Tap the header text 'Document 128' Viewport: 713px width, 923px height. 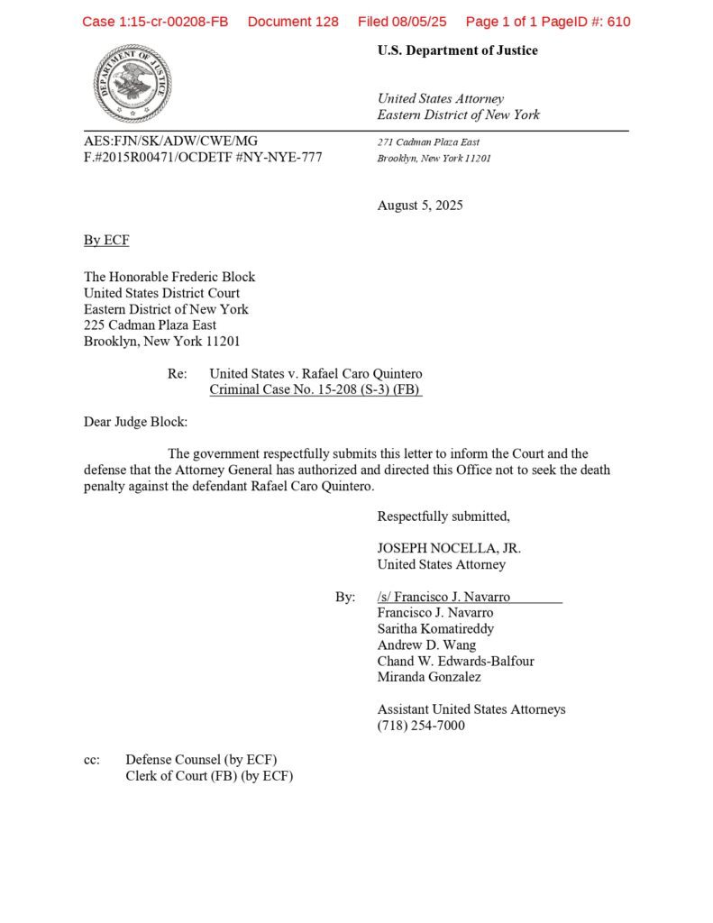(x=293, y=22)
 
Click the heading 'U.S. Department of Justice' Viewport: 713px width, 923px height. (x=457, y=50)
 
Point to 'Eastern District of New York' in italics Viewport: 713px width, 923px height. (x=458, y=115)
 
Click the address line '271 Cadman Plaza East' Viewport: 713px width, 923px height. (x=428, y=142)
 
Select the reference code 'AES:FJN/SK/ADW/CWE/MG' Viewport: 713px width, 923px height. (x=170, y=142)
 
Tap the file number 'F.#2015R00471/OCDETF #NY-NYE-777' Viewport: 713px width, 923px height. (x=203, y=158)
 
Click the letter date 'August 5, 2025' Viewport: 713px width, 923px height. (x=420, y=206)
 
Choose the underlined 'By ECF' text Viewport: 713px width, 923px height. (x=106, y=240)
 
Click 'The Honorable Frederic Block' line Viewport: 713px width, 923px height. (x=169, y=277)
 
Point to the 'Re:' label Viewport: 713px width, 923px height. (x=177, y=374)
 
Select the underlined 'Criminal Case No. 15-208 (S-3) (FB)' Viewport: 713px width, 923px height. (x=315, y=390)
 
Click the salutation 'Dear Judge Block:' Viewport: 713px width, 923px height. (x=135, y=422)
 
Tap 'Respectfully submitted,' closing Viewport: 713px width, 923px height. (x=443, y=516)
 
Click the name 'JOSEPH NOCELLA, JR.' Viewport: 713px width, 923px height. (x=449, y=548)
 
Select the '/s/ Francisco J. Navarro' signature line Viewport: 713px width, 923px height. (x=443, y=597)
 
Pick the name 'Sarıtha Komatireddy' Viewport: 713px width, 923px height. (x=435, y=629)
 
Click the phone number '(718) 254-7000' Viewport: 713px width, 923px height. (x=421, y=726)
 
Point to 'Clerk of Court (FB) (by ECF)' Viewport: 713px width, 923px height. (x=209, y=776)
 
